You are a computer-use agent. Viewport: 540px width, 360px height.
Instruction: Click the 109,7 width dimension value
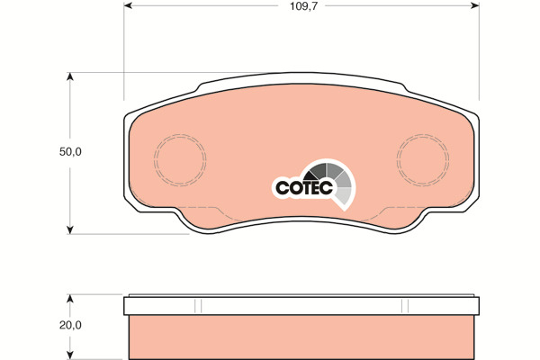tap(301, 6)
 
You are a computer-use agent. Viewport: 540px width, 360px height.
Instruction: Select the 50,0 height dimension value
tap(70, 152)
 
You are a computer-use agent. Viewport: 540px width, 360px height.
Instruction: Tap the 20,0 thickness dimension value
tap(70, 325)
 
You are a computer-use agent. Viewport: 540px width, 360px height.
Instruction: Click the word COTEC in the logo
tap(304, 188)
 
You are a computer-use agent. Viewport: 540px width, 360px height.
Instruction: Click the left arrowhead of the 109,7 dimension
tap(128, 5)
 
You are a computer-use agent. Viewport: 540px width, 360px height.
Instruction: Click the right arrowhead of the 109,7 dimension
tap(475, 5)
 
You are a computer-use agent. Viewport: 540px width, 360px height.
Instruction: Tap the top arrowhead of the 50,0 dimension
tap(70, 76)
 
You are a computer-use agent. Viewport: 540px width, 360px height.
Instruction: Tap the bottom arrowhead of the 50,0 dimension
tap(70, 229)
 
